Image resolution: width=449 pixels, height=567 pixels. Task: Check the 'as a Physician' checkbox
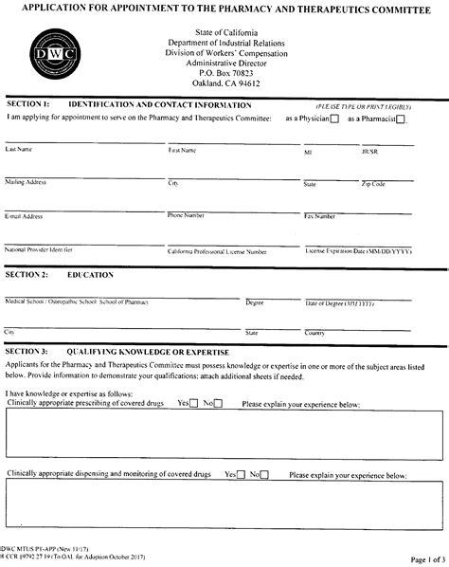333,119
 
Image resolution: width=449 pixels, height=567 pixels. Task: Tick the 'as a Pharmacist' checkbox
401,119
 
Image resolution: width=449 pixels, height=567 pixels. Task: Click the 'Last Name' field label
20,150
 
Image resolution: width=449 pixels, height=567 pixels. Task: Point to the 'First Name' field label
183,150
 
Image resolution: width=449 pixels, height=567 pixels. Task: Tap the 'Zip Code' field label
373,183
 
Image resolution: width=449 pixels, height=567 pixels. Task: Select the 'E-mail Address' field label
25,216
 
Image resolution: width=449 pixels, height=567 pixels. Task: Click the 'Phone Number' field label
187,215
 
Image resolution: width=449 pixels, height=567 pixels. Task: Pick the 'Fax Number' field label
319,216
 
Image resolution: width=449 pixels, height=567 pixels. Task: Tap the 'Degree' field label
255,302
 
